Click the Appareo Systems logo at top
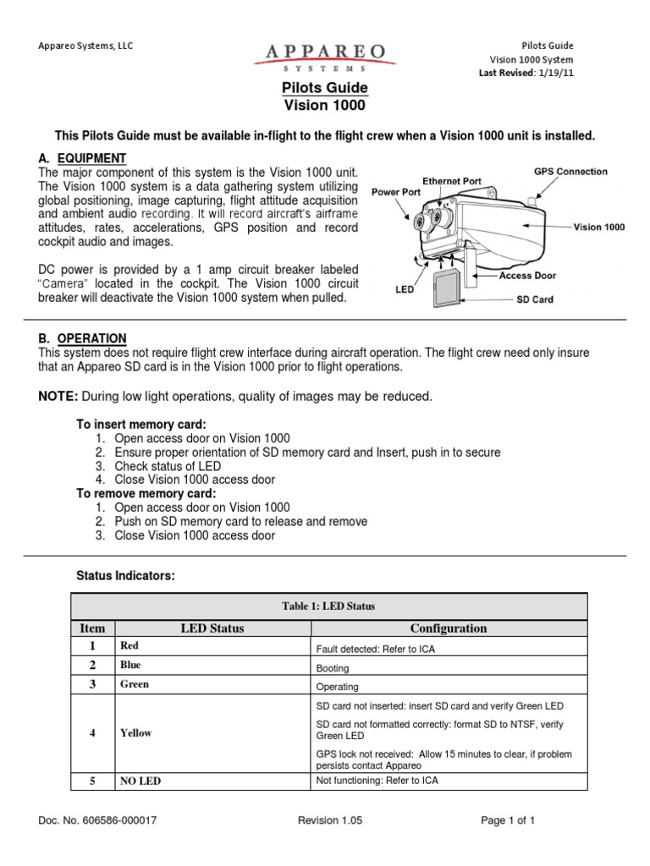(325, 57)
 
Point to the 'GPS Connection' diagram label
(570, 172)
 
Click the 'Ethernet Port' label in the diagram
(452, 181)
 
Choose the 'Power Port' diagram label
(395, 192)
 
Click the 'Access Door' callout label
(527, 276)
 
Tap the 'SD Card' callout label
(534, 299)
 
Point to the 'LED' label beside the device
(405, 289)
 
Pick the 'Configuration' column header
(449, 628)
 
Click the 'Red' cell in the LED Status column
(129, 646)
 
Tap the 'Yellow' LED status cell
(135, 732)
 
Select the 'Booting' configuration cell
(332, 668)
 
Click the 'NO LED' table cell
(140, 781)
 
